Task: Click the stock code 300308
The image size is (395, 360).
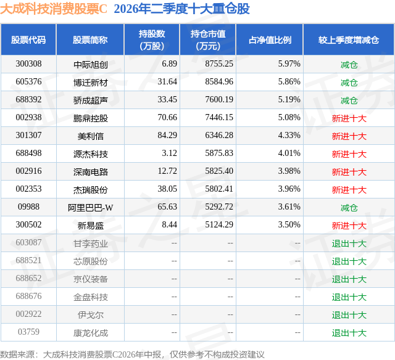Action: tap(28, 63)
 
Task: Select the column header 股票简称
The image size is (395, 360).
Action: tap(90, 40)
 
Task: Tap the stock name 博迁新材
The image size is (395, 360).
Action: tap(91, 82)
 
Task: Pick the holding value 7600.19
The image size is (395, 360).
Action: tap(219, 99)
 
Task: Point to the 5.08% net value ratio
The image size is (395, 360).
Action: tap(289, 117)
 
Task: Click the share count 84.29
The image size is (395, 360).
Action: tap(167, 135)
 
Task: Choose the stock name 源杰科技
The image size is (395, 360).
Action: tap(91, 153)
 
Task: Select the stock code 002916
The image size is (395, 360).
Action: tap(28, 171)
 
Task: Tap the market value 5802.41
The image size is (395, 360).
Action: tap(219, 189)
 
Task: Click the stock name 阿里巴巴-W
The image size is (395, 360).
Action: tap(91, 207)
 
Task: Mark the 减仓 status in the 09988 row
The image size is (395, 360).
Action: tap(349, 208)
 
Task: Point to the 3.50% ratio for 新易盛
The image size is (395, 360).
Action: tap(289, 224)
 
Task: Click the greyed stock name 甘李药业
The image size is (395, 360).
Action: tap(91, 243)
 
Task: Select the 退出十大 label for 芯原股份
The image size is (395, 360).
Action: tap(349, 261)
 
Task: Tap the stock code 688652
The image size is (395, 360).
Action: tap(28, 278)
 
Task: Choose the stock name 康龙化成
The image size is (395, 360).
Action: tap(91, 333)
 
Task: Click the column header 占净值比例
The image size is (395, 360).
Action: tap(270, 40)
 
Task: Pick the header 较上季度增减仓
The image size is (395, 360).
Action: tap(349, 40)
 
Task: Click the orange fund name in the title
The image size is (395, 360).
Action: tap(54, 9)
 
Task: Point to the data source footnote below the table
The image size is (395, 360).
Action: tap(132, 354)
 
